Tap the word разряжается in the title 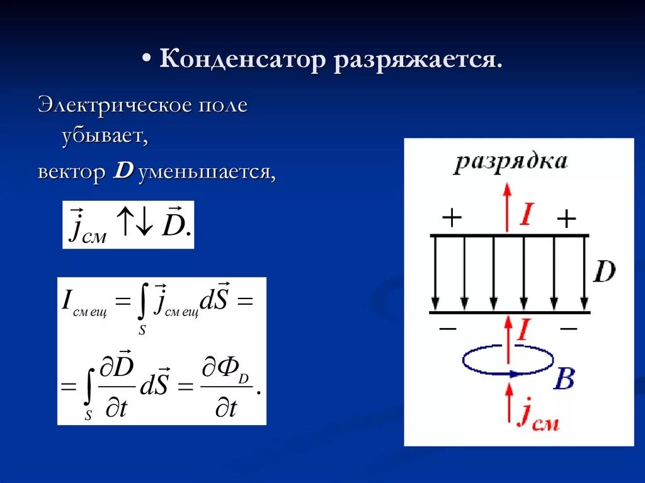coord(418,62)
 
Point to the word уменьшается coord(207,172)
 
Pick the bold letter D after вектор coord(122,171)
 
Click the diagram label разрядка coord(510,162)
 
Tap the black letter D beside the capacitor coord(604,272)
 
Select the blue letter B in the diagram coord(564,379)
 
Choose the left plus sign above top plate coord(452,218)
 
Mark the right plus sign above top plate coord(566,219)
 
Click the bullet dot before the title coord(146,57)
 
